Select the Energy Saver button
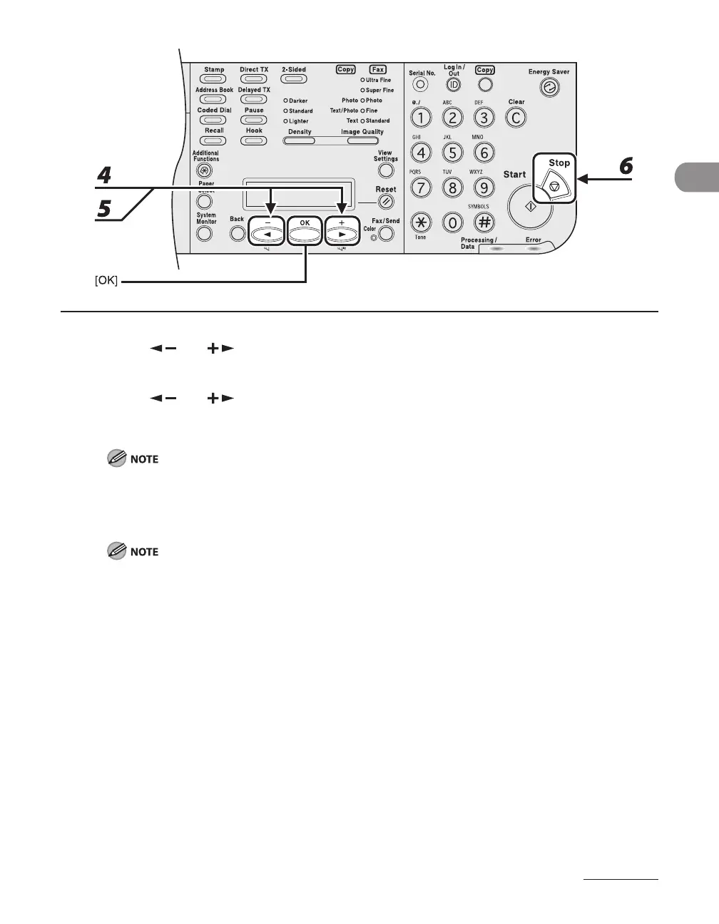point(550,87)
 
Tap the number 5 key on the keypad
point(452,152)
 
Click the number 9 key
point(484,188)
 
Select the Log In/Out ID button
point(453,85)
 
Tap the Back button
point(238,233)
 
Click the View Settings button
point(386,170)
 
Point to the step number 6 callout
point(625,166)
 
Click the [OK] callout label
point(106,283)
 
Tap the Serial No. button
point(421,85)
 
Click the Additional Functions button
point(205,170)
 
